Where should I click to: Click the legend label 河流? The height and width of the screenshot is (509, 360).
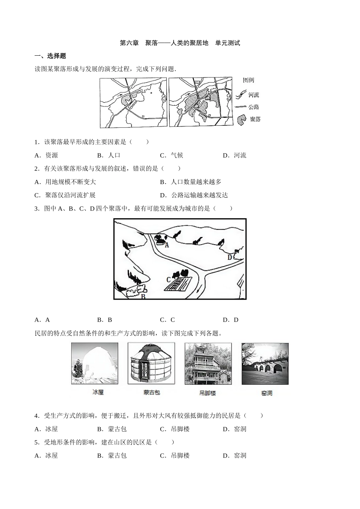pos(254,95)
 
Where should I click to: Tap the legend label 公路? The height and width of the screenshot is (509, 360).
pos(254,107)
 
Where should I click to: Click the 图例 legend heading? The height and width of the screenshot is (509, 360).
pos(248,80)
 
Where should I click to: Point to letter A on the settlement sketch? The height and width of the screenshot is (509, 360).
pos(167,245)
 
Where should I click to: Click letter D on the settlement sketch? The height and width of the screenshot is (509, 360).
pos(230,257)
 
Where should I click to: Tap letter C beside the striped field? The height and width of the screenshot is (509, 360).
pos(169,279)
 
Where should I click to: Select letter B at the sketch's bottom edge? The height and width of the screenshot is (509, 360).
pos(143,296)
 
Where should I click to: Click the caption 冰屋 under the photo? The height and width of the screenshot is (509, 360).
pos(98,392)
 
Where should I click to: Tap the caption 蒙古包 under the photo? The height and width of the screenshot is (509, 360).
pos(152,392)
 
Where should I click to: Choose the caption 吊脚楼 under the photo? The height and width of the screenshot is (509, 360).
pos(207,393)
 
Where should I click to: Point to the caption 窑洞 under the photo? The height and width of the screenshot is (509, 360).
pos(266,393)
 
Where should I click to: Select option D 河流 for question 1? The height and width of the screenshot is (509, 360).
pos(235,155)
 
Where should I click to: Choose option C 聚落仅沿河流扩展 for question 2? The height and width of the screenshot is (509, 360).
pos(65,195)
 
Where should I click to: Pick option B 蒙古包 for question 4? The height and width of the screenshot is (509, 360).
pos(112,429)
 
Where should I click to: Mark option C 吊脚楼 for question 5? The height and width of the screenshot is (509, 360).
pos(175,455)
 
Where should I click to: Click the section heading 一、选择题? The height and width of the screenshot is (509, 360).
pos(50,56)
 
